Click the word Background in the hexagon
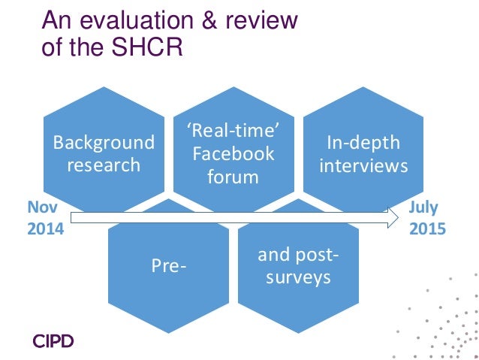tap(104, 143)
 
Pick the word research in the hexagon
tap(104, 164)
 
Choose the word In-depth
tap(364, 143)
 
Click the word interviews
tap(364, 164)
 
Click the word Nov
tap(41, 207)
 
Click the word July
tap(424, 207)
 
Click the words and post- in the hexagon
tap(297, 256)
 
